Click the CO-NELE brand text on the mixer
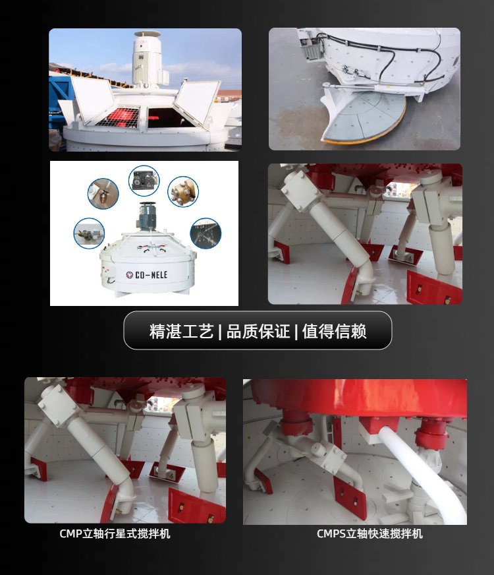[151, 275]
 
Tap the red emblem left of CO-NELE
[130, 275]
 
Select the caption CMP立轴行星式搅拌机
[115, 533]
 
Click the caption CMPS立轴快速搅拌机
[370, 533]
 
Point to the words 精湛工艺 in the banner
[181, 331]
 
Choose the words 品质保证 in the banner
[258, 331]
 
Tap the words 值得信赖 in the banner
[335, 331]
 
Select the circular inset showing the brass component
[183, 191]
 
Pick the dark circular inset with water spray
[206, 233]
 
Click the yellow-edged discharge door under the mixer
[364, 116]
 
